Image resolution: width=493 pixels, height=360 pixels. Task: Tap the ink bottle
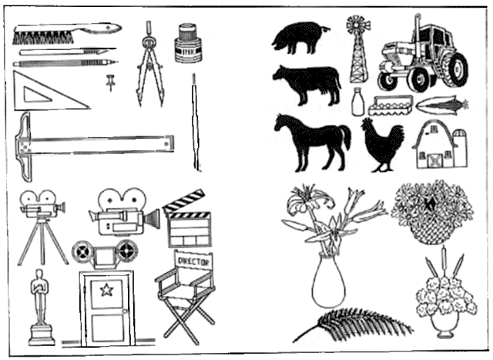coord(188,42)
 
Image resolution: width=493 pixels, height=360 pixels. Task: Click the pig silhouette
coord(300,37)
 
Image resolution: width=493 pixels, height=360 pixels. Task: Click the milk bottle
coord(358,102)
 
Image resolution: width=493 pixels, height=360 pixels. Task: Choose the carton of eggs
coord(390,106)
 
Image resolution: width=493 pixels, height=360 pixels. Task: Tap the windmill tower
coord(358,49)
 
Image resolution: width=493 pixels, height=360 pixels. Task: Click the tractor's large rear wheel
coord(458,69)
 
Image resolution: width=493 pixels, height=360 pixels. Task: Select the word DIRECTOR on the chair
coord(193,261)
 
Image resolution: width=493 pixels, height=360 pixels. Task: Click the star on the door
coord(106,290)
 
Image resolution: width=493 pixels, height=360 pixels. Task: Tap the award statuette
coord(40,308)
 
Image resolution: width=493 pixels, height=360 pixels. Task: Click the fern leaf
coord(352,324)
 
